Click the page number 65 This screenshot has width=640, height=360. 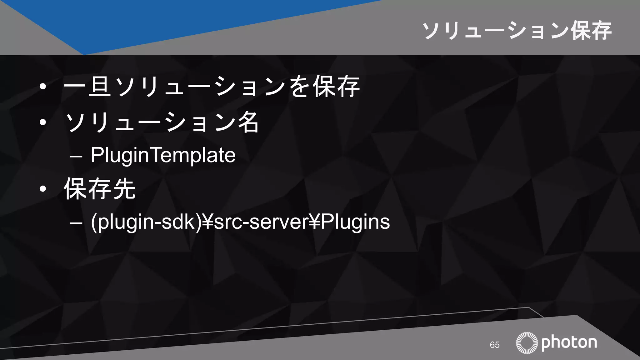495,345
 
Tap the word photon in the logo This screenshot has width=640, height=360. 569,343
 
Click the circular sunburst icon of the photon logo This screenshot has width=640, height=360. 527,343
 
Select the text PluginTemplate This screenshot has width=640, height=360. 163,155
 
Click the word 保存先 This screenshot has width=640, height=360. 100,189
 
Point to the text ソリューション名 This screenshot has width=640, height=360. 162,122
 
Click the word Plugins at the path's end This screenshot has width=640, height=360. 355,222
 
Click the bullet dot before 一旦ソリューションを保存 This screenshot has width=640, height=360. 43,87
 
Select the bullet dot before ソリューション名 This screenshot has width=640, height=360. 43,122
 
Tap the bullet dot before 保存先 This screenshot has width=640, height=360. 43,189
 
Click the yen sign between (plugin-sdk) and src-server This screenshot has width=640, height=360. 207,222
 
